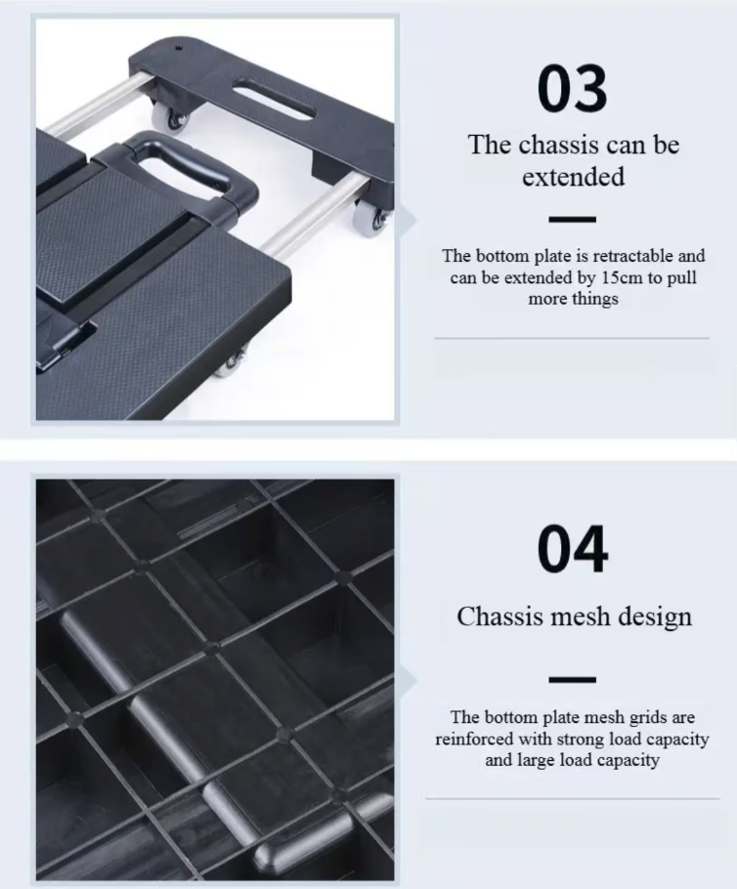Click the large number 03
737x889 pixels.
[x=572, y=89]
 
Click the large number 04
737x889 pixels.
[x=573, y=549]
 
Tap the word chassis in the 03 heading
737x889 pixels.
[x=558, y=145]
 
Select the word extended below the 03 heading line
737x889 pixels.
[x=573, y=177]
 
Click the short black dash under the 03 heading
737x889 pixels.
[x=572, y=220]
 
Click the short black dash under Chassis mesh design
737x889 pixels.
[x=572, y=679]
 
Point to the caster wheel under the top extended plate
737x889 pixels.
[x=172, y=118]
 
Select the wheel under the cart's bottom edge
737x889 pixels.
[x=231, y=364]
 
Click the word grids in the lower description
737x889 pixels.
[x=632, y=718]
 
